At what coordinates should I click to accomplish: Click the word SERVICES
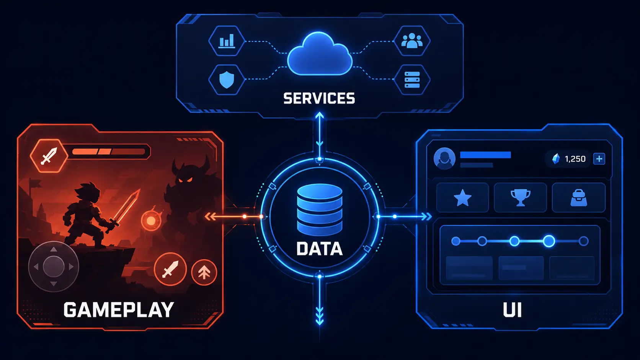319,98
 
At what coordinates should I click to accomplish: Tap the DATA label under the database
320,249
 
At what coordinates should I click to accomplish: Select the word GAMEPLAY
119,310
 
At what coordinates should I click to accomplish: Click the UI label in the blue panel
512,310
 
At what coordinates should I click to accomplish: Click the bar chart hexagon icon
227,41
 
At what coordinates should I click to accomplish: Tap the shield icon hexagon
227,80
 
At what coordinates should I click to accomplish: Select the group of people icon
412,41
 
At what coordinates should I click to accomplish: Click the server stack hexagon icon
412,80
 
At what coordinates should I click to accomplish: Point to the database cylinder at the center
320,210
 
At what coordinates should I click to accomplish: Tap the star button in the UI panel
462,197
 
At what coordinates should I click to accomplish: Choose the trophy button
520,197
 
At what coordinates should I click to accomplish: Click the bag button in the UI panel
579,197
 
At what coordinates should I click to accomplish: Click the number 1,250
575,159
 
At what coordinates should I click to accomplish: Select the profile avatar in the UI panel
444,158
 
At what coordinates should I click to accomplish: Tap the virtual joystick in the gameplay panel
54,267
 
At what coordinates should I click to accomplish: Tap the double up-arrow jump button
204,272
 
